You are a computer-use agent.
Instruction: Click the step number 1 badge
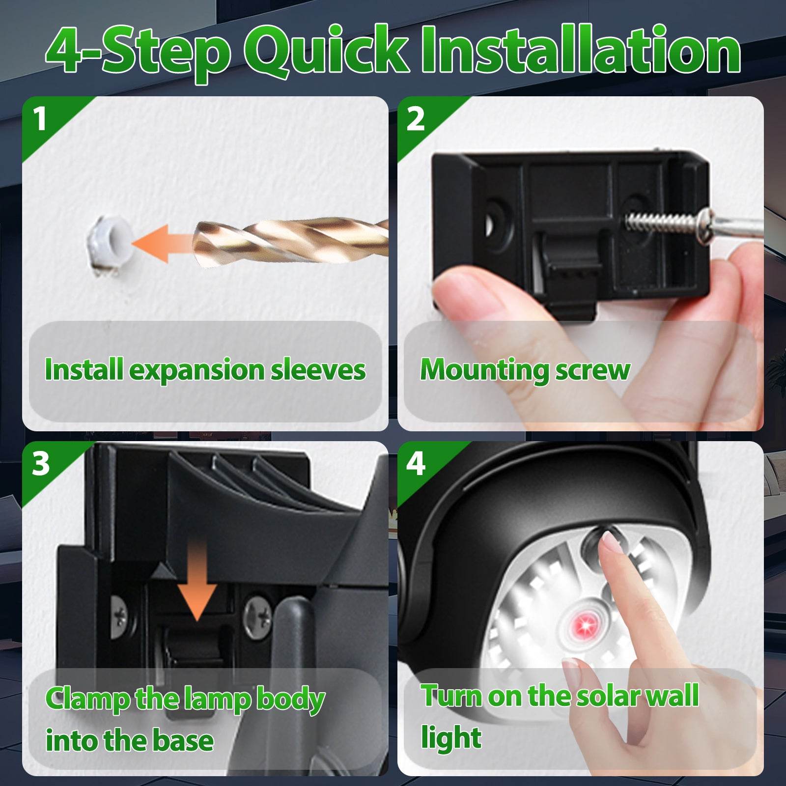(x=40, y=119)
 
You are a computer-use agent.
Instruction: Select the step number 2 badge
(x=415, y=119)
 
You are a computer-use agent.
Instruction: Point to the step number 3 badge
(x=40, y=463)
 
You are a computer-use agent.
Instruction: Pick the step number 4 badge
(x=415, y=463)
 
